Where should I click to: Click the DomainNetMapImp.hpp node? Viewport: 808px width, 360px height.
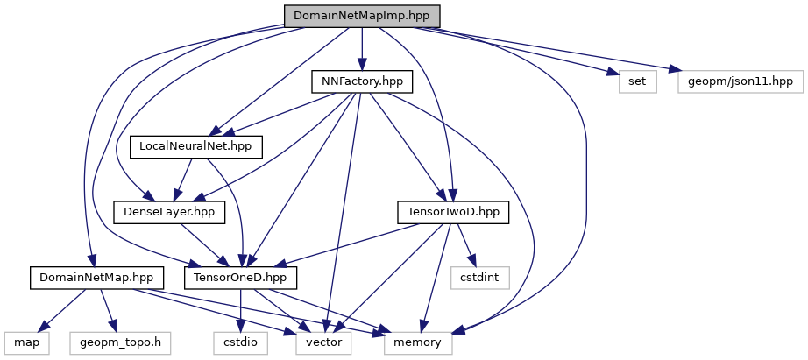point(361,16)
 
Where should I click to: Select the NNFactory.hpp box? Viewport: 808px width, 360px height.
point(361,81)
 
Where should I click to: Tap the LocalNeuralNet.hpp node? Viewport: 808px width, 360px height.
point(196,146)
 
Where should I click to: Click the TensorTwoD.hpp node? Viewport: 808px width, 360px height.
point(453,212)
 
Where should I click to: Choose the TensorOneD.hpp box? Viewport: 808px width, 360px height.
point(240,278)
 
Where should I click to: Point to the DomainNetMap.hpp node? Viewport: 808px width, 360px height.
point(92,278)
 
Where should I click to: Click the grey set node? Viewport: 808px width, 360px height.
point(637,81)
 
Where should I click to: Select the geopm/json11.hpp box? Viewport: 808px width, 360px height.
point(741,81)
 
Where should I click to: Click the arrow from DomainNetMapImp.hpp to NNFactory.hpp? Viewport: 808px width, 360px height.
point(361,48)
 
